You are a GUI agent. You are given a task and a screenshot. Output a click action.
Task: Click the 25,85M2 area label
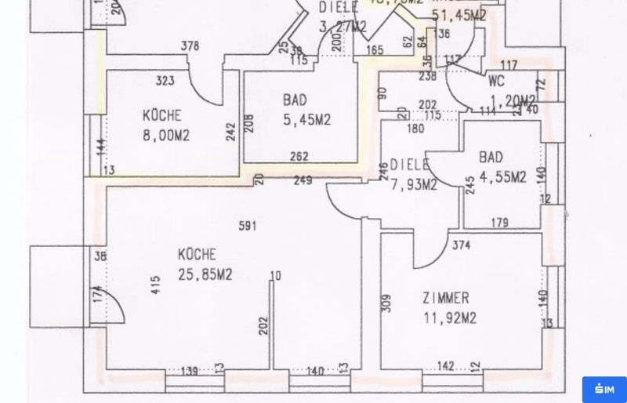point(204,274)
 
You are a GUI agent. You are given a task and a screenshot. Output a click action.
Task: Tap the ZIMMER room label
point(445,299)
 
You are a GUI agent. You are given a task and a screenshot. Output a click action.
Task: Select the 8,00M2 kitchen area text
point(165,135)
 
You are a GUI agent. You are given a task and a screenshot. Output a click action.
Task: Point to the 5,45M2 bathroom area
point(306,120)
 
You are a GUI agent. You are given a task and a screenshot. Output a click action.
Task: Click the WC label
point(495,80)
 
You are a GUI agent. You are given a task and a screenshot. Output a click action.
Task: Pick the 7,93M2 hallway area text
point(413,185)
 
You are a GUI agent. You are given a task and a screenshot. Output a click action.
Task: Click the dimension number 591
point(248,226)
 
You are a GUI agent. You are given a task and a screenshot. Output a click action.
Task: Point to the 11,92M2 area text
point(449,318)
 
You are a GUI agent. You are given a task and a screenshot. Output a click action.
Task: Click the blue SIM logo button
point(603,389)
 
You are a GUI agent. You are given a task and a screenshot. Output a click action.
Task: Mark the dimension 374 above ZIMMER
point(461,245)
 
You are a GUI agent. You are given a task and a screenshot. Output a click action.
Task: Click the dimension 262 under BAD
point(299,156)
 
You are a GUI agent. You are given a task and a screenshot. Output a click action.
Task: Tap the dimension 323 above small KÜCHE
point(165,80)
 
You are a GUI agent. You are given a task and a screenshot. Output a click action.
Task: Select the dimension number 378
point(190,46)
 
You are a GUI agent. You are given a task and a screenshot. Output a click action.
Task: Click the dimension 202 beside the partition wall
point(263,325)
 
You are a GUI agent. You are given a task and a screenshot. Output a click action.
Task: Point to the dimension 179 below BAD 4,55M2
point(499,223)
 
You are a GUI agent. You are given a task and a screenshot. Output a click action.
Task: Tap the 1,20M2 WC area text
point(513,100)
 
